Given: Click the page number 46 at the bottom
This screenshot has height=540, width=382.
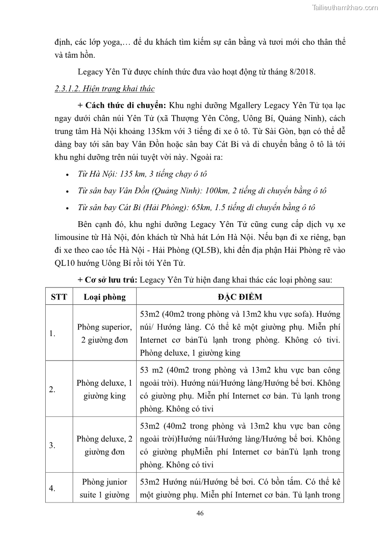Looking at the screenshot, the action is pos(200,513).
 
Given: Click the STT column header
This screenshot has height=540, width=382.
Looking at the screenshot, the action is pos(59,297).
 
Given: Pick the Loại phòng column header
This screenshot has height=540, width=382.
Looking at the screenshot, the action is pos(104,297).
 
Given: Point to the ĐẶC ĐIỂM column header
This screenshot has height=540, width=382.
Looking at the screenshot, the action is pos(240,297).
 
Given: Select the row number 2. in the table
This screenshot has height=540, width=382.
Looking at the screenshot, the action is pos(52,389).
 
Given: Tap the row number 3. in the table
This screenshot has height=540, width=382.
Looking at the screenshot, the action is pos(52,445).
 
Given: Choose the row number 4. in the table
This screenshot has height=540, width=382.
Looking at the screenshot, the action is pos(52,489).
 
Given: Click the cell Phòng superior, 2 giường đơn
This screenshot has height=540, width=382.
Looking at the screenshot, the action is pos(104,334).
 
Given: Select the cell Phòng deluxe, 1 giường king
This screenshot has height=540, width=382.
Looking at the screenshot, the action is pos(104,389).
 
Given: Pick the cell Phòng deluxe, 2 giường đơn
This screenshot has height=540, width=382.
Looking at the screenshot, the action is pos(104,445).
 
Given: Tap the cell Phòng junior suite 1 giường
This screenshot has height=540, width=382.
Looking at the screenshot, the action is pos(104,488).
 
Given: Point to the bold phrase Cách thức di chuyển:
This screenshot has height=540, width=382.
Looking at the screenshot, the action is pos(126,105).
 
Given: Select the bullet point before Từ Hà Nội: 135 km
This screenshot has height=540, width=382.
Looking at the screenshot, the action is pos(67,175).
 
